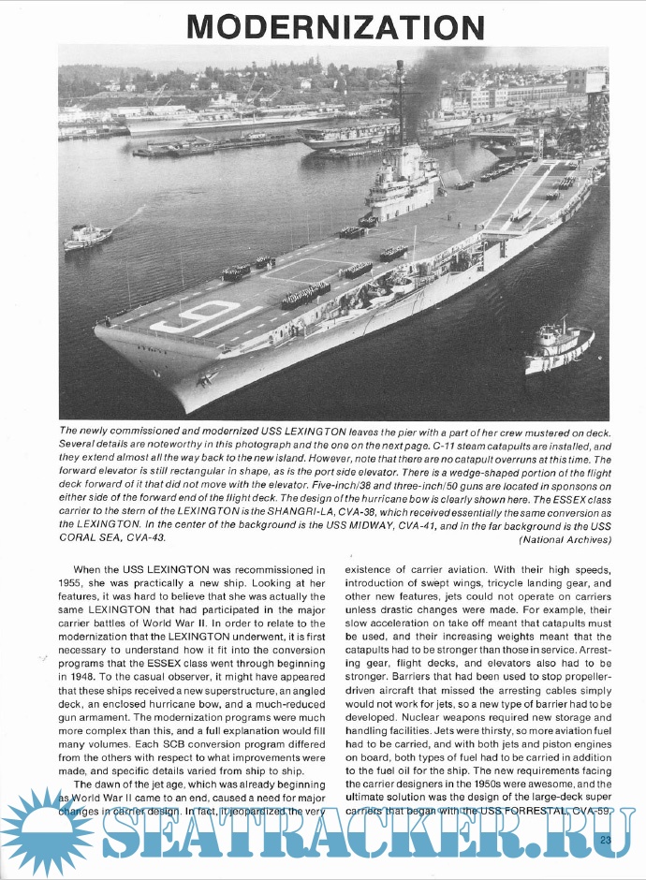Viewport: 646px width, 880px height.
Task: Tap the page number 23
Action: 607,840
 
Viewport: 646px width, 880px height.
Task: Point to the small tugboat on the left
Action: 87,237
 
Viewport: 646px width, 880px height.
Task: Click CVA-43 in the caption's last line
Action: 147,538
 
